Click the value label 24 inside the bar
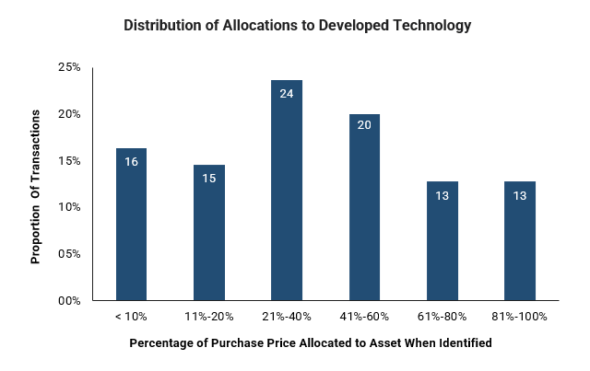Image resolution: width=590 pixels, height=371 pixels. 287,93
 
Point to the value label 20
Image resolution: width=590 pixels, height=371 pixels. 364,126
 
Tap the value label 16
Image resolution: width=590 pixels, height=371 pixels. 131,161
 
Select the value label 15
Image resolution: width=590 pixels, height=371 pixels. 208,178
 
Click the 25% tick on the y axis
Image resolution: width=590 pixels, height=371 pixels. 69,68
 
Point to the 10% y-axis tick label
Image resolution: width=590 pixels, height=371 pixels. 69,207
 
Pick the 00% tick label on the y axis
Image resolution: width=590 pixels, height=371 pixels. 69,300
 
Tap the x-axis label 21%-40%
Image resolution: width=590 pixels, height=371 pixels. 287,317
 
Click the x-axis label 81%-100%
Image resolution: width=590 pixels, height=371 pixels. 520,317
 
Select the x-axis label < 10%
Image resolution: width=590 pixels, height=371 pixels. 131,317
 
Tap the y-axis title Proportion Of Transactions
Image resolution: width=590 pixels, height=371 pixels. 36,186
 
